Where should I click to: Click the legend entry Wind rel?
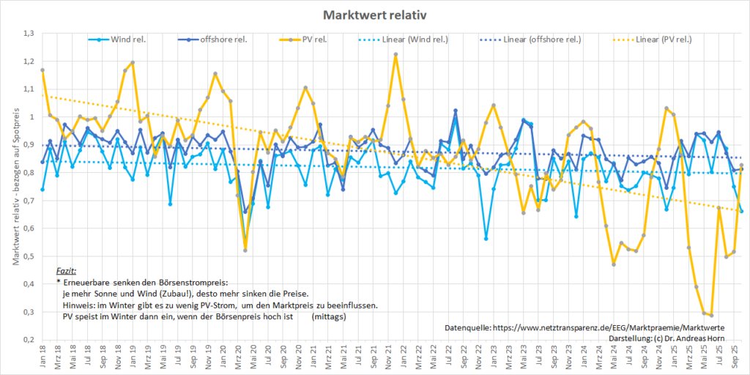[x=127, y=40]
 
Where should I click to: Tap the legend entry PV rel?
[x=313, y=40]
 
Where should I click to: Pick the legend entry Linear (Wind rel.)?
[x=415, y=40]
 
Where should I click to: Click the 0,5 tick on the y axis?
[x=29, y=256]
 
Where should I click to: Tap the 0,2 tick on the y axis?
[x=29, y=340]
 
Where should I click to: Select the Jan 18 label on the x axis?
[x=42, y=357]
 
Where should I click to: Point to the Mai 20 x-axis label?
[x=253, y=357]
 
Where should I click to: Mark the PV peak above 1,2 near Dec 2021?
[x=396, y=54]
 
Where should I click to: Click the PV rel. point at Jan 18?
[x=42, y=70]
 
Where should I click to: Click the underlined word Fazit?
[x=66, y=271]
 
